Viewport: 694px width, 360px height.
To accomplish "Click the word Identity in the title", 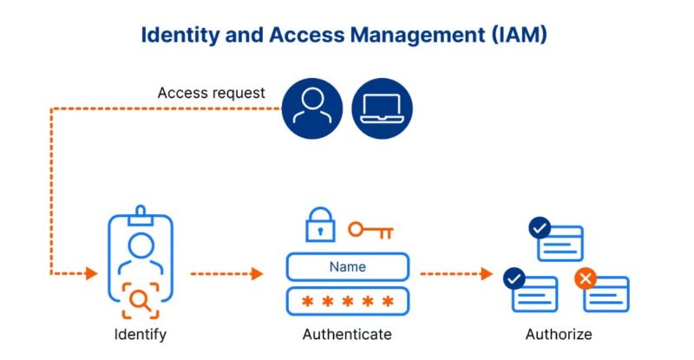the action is pos(180,35).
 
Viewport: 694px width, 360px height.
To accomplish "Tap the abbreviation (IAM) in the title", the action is pos(519,35).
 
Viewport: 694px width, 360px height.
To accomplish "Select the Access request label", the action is pos(211,93).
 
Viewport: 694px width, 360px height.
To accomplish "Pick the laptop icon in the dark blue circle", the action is pos(382,108).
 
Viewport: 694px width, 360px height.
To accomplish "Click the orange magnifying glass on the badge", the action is pos(141,301).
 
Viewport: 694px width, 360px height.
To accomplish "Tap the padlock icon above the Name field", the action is pos(320,225).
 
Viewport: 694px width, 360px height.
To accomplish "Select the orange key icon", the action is pos(370,230).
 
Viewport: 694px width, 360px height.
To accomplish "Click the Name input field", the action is pos(348,266).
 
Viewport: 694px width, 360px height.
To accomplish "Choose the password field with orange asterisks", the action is pos(348,302).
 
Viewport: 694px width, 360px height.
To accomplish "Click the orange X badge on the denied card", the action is pos(585,279).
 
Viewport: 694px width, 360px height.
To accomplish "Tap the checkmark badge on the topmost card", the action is pos(540,228).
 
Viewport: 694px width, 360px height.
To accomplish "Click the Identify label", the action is pos(141,334).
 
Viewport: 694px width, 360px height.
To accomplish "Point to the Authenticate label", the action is pos(347,334).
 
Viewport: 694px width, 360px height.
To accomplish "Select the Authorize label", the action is pos(559,334).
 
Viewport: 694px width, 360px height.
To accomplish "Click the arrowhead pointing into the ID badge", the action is pos(92,273).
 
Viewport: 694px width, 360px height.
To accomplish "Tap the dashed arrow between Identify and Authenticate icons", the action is pos(226,273).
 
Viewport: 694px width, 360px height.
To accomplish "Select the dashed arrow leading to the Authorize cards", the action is pos(456,273).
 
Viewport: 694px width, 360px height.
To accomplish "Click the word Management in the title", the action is pos(417,35).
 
